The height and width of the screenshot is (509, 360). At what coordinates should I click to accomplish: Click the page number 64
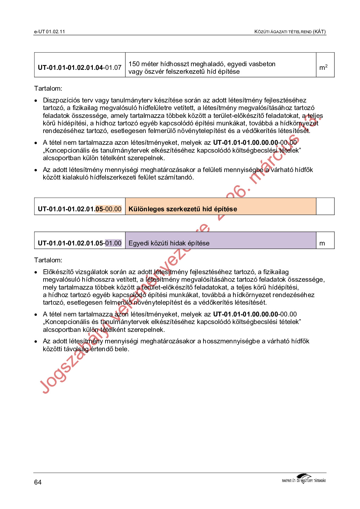pos(38,482)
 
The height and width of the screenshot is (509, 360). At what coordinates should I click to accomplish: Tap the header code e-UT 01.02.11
pos(50,31)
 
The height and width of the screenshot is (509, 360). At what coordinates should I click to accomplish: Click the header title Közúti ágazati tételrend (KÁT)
pos(290,31)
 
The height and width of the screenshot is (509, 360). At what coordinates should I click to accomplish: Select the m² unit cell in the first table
pos(323,67)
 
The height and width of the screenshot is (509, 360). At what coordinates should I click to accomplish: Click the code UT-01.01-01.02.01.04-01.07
pos(79,67)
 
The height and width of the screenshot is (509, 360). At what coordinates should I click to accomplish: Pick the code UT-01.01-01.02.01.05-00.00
pos(79,209)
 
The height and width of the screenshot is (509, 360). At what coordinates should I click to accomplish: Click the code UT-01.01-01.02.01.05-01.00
pos(79,243)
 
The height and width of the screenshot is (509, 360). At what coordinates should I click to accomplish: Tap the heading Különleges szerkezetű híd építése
pos(183,209)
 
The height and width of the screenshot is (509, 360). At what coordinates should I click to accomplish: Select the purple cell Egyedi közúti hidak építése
pos(169,243)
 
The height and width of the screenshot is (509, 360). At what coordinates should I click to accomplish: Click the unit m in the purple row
pos(322,243)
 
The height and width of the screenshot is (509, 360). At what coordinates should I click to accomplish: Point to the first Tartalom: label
pos(48,89)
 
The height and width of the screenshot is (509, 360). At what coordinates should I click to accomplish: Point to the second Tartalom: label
pos(48,260)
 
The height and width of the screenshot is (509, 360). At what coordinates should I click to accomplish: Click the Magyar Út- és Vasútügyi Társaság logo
pos(304,479)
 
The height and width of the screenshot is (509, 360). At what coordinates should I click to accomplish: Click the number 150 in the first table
pos(134,64)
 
